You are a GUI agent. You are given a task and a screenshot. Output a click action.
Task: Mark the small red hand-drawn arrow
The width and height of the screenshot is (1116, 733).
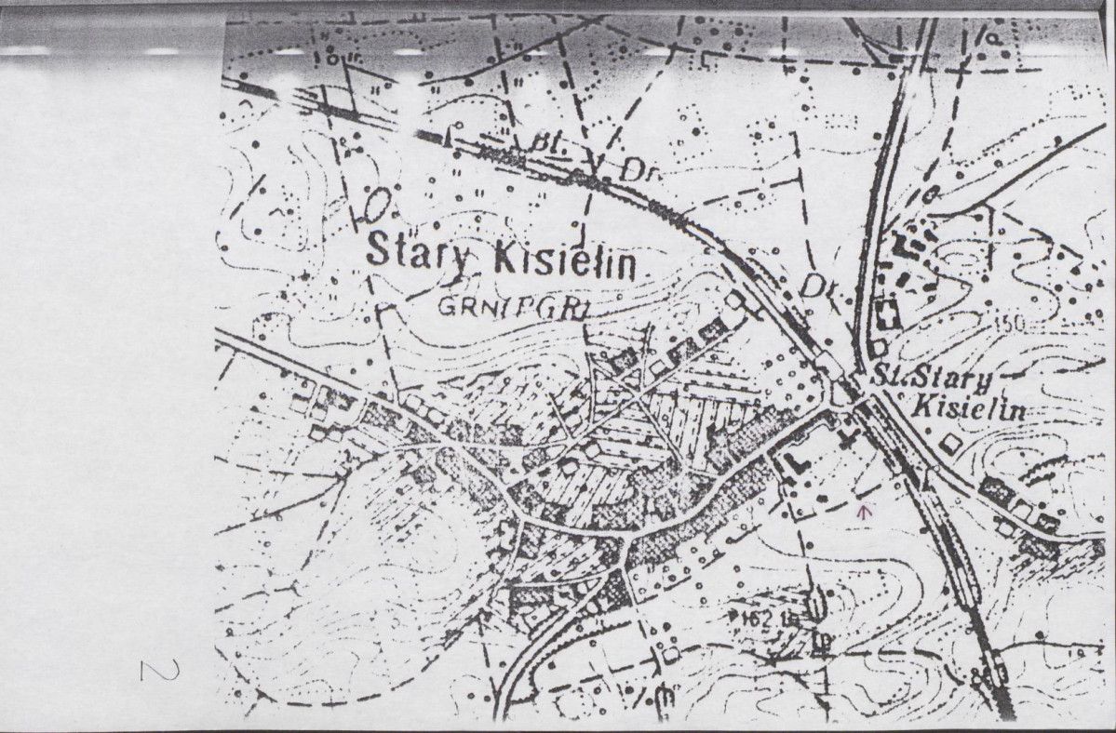tap(866, 509)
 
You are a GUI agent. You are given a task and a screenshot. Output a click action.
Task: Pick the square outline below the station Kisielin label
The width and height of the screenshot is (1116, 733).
tap(950, 445)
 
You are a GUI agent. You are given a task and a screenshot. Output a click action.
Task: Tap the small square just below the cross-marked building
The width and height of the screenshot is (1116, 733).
tap(878, 347)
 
